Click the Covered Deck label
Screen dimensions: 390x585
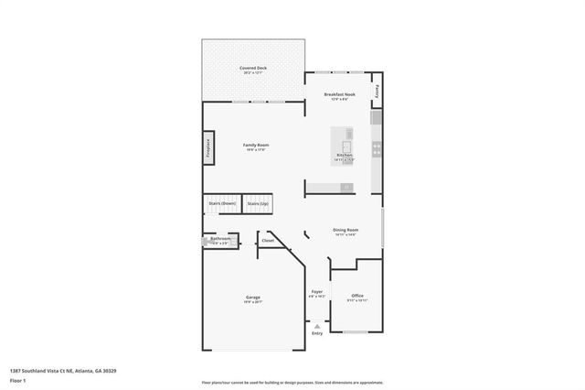pyautogui.click(x=253, y=68)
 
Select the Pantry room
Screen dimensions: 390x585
pyautogui.click(x=376, y=92)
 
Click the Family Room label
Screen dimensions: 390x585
pyautogui.click(x=255, y=145)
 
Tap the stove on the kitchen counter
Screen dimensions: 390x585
pyautogui.click(x=376, y=146)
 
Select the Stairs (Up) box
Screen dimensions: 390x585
pyautogui.click(x=259, y=203)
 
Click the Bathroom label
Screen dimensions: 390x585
pyautogui.click(x=220, y=240)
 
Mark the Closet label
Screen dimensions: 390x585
pyautogui.click(x=268, y=241)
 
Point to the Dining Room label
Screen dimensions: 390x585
pyautogui.click(x=346, y=230)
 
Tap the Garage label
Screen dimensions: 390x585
pyautogui.click(x=253, y=298)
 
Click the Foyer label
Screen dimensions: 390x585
pyautogui.click(x=316, y=293)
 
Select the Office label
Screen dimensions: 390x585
pyautogui.click(x=356, y=296)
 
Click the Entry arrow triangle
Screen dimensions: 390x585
pyautogui.click(x=317, y=325)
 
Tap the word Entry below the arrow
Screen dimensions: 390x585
pyautogui.click(x=317, y=333)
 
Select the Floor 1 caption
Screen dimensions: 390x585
pyautogui.click(x=18, y=380)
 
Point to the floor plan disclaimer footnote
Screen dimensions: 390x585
pyautogui.click(x=292, y=382)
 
